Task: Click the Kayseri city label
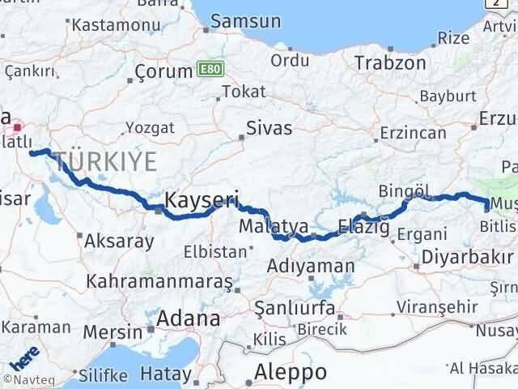pos(202,199)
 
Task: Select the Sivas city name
pos(270,127)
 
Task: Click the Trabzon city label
pos(390,62)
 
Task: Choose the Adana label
pos(189,318)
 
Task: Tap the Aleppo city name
pos(291,372)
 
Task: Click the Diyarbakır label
pos(466,258)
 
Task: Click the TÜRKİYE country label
pos(103,161)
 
